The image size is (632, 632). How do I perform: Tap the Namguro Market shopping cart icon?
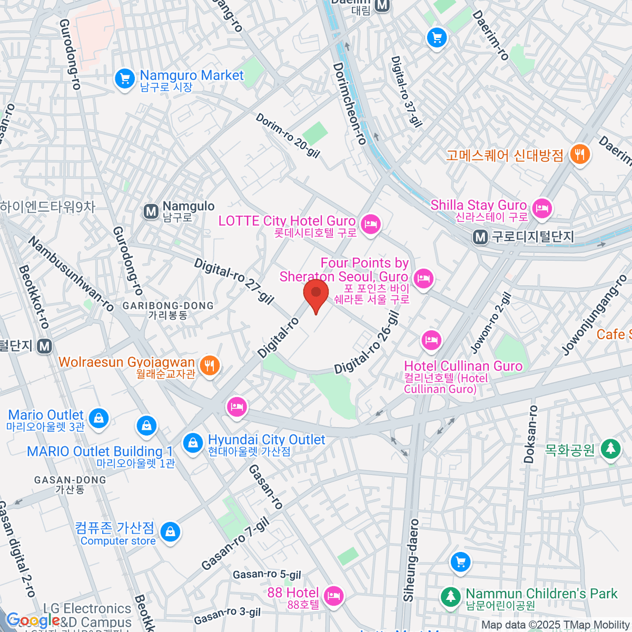coord(125,79)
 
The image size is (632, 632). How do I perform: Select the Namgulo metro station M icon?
coord(151,212)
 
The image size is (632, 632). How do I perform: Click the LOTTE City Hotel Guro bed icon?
coord(371,224)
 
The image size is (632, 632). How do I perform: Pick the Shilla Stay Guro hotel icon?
coord(541,208)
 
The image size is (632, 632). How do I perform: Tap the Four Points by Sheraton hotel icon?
coord(423,278)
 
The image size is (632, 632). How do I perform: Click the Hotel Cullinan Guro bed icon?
coord(431,340)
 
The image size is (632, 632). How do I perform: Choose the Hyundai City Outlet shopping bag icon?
coord(193,443)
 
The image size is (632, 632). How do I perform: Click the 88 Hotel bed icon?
coord(333,596)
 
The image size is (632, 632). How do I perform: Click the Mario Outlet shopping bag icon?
coord(98,418)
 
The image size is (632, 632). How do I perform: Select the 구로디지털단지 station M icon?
coord(480,238)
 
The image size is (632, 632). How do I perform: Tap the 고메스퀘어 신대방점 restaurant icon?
coord(580,154)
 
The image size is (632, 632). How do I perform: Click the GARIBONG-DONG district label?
coord(168,306)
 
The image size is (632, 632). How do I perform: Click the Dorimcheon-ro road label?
coord(349,104)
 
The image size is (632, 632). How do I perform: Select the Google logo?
coord(33,620)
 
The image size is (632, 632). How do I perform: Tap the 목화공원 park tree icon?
coord(611,449)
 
